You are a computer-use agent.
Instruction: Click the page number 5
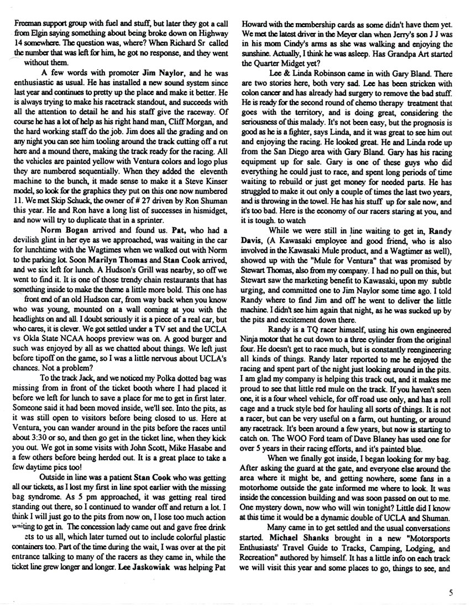[x=452, y=593]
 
